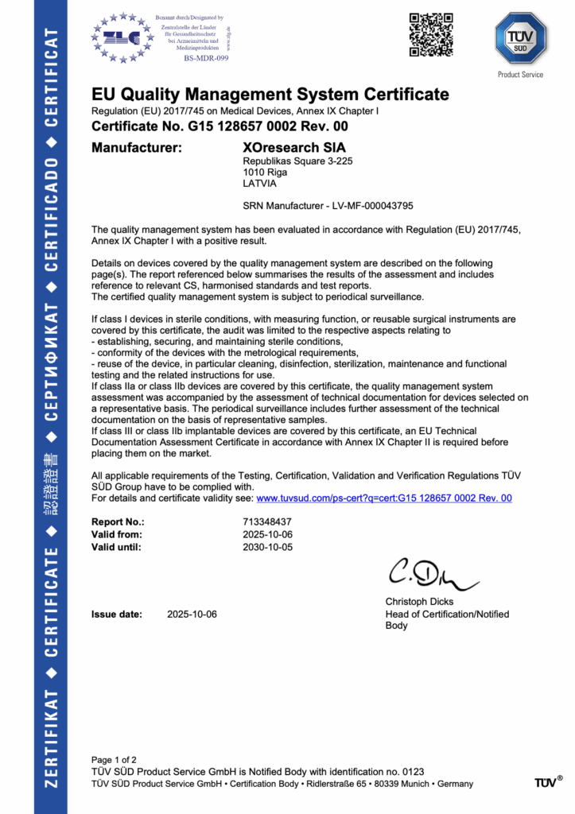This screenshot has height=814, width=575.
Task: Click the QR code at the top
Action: tap(430, 35)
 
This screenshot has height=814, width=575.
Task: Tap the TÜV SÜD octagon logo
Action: tap(520, 38)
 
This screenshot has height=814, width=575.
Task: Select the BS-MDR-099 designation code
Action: tap(206, 58)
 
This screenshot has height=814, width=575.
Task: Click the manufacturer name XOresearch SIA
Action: tap(293, 147)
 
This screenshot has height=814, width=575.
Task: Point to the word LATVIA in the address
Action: tap(259, 183)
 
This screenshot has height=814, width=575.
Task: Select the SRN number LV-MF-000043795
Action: tap(362, 205)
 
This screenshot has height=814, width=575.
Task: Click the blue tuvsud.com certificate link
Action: tap(383, 498)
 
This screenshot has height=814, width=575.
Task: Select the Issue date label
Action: tap(117, 614)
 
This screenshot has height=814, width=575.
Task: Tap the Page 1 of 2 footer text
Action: tap(114, 759)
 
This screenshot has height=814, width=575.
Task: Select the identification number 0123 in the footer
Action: tap(413, 771)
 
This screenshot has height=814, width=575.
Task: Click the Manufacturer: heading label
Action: tap(137, 147)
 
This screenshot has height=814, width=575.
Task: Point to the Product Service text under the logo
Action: tap(520, 75)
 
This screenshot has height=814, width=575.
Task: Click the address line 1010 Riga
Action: tap(264, 172)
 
